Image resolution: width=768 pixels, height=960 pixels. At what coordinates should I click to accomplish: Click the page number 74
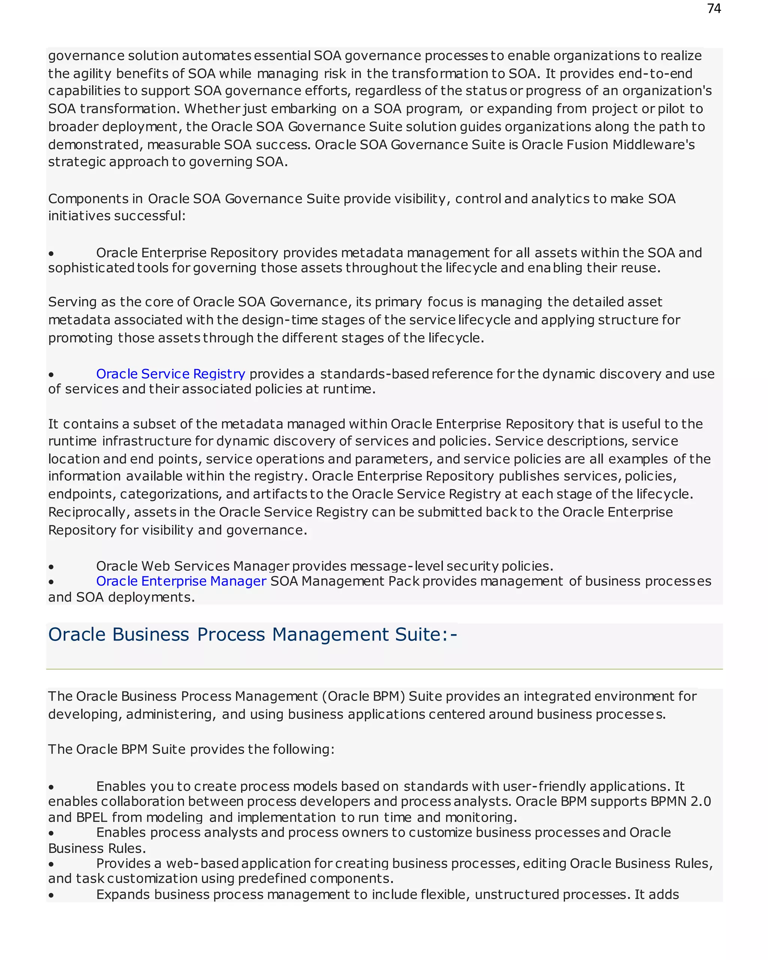pos(714,9)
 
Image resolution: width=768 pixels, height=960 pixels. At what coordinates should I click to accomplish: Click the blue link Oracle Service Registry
pos(171,373)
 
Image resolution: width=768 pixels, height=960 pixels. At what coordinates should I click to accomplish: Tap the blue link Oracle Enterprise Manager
pos(181,581)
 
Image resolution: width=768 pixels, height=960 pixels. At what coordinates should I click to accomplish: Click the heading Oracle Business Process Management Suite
pos(252,634)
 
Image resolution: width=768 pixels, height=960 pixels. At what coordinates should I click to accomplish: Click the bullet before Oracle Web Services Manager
pos(51,567)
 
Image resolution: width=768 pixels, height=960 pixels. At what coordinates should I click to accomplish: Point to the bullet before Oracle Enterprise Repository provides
pos(51,253)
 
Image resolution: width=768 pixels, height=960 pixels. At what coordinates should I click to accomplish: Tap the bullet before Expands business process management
pos(51,895)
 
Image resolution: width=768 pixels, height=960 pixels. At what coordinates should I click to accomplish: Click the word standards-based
pos(374,373)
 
